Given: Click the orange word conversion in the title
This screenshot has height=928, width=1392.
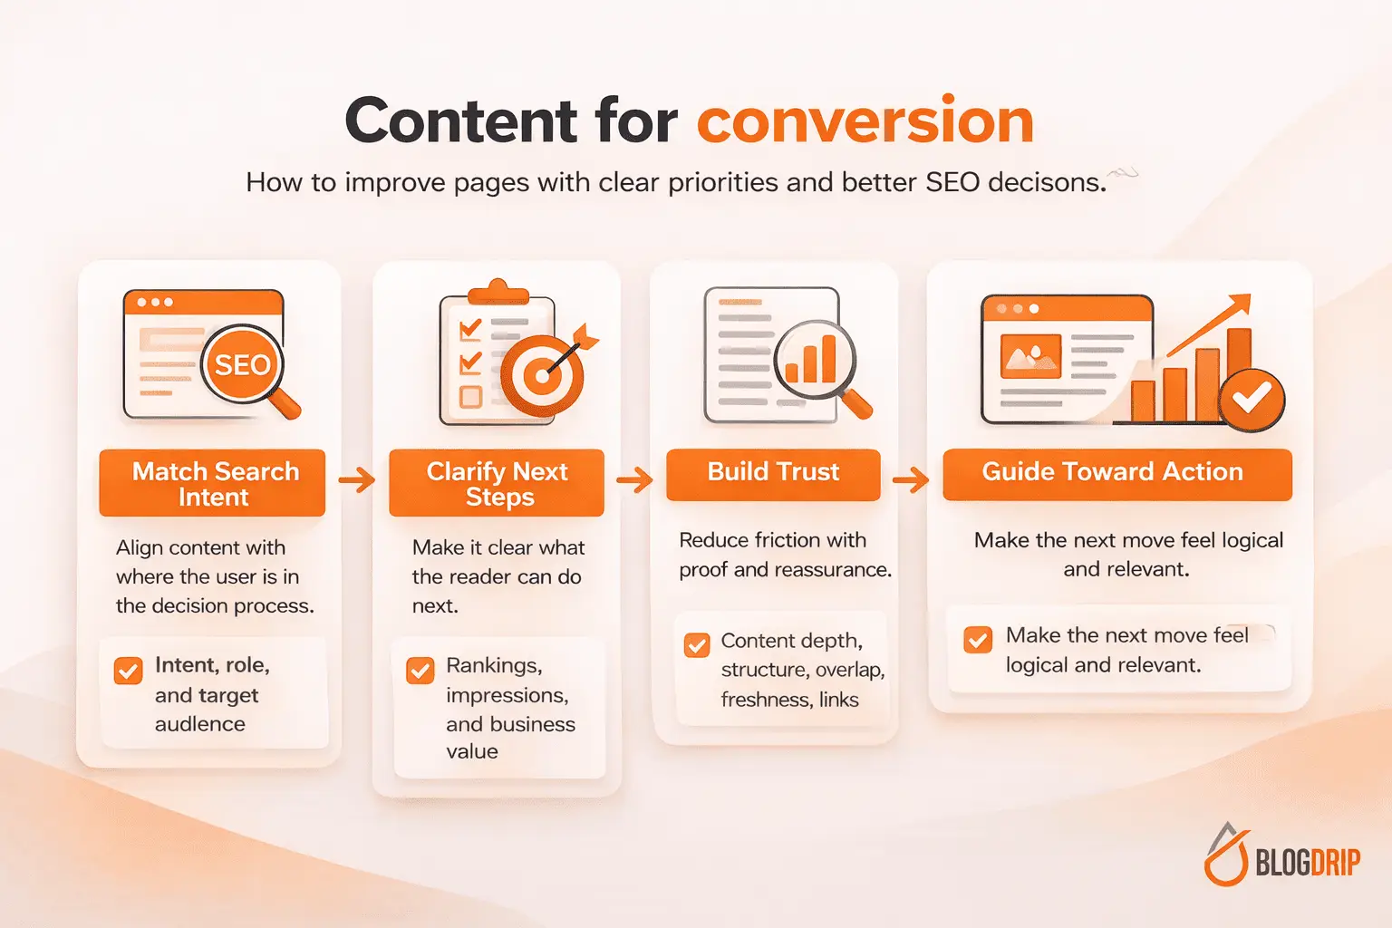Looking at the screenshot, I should (865, 121).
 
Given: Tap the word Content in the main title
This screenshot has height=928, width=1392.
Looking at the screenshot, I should (460, 121).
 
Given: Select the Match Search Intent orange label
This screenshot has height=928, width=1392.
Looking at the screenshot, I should (213, 483).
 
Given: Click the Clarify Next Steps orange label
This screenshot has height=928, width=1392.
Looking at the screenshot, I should (497, 483).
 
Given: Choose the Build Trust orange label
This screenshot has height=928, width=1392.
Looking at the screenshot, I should (773, 472).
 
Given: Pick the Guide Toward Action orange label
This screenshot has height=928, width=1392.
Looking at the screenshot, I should (1116, 472).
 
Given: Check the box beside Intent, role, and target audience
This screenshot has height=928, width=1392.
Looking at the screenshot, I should (129, 671).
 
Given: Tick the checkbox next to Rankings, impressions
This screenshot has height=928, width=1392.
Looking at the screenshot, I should (420, 671).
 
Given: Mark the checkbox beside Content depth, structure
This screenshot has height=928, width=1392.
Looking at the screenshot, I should (697, 644).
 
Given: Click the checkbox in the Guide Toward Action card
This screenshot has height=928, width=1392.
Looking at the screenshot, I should (978, 639).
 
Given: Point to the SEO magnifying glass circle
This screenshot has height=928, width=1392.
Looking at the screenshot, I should (242, 365).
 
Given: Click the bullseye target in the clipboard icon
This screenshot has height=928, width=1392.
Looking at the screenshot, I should (542, 374).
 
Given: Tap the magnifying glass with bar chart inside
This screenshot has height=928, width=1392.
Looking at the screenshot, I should (815, 361).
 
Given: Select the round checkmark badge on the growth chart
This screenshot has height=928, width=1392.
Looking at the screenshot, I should (1252, 397).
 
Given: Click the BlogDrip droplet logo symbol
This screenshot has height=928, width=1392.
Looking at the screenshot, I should (1226, 855).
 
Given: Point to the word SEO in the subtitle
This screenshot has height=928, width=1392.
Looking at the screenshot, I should (952, 183).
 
